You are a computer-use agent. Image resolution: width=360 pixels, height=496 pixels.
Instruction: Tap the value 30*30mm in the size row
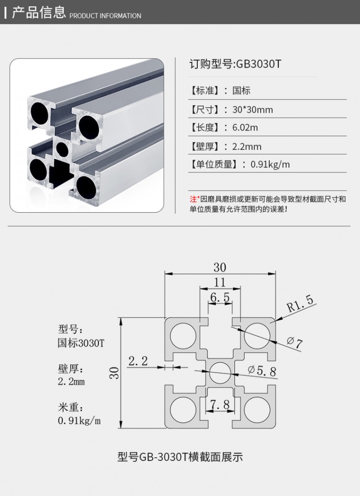point(252,109)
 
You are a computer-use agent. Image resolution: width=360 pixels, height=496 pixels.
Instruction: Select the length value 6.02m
point(245,128)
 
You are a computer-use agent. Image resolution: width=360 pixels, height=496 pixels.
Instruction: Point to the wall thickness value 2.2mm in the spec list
point(247,146)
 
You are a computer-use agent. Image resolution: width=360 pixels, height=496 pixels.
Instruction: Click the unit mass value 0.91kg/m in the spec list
point(270,165)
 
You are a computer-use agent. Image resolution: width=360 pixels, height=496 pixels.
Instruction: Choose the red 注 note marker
point(193,199)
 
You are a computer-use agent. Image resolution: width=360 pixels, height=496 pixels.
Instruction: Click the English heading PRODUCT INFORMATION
point(106,16)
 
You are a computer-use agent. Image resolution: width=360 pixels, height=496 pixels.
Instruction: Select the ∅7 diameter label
point(295,343)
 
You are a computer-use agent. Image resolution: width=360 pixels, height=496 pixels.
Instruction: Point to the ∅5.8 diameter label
point(263,370)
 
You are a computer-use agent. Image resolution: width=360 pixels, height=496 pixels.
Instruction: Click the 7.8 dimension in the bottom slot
point(220,405)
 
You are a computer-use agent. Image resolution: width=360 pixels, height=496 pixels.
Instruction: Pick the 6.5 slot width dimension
point(220,297)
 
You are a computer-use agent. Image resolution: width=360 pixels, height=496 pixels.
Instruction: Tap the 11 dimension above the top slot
point(219,282)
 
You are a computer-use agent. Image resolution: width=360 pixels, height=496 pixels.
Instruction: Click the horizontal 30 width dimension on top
point(220,267)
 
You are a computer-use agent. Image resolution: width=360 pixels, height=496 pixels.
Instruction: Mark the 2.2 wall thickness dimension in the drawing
point(138,361)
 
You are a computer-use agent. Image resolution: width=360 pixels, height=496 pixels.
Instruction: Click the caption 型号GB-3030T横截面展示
point(180,457)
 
